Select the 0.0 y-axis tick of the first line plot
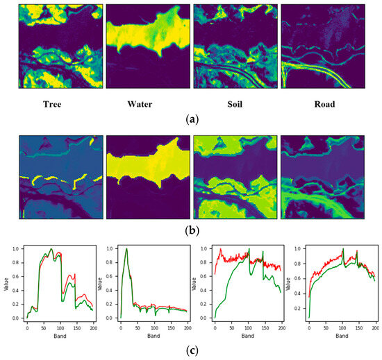15,318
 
